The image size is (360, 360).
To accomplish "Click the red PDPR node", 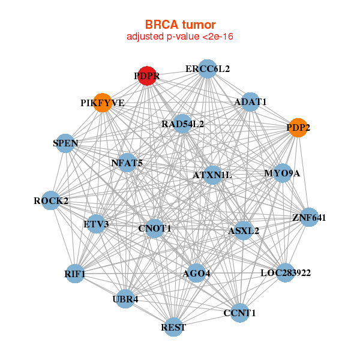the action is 147,76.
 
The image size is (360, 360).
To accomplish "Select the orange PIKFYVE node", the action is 103,103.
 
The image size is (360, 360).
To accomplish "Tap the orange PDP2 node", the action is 298,127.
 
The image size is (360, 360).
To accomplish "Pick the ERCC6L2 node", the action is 207,69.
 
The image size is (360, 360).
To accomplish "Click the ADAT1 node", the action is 251,101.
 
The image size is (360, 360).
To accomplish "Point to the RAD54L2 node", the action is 182,124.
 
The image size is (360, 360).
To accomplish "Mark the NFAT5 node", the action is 127,163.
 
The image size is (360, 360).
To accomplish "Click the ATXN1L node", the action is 212,175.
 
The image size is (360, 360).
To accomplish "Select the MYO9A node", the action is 282,173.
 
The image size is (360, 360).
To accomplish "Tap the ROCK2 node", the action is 51,200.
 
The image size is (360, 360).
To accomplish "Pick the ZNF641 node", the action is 309,217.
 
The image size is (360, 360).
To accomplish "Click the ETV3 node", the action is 96,224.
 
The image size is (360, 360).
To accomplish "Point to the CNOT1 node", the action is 155,228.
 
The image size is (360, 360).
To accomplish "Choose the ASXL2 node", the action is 243,230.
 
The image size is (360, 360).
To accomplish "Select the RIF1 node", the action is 75,274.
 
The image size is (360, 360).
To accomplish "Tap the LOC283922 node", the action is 285,274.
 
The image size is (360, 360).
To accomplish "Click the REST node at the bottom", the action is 173,327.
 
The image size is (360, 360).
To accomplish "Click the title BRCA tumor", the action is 180,25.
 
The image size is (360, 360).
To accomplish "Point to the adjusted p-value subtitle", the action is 180,37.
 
